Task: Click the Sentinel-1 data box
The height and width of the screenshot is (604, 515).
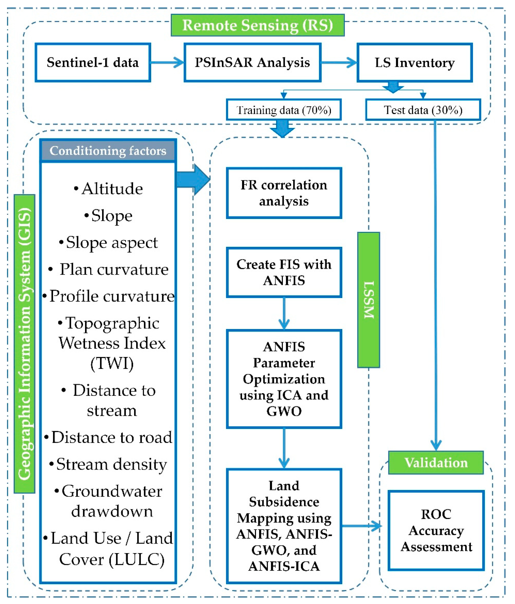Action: coord(93,62)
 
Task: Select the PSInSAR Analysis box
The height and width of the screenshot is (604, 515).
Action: coord(252,62)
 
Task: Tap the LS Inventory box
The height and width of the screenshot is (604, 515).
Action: coord(414,62)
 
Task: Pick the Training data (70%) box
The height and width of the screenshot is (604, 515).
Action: coord(284,110)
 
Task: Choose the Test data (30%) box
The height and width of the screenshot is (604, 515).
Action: coord(423,110)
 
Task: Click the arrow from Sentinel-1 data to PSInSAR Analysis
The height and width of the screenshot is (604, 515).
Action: coord(167,62)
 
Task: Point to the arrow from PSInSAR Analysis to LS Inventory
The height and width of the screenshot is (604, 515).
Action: coord(339,62)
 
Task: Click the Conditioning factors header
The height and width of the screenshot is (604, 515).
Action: coord(108,151)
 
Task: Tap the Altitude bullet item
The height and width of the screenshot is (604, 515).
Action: coord(108,189)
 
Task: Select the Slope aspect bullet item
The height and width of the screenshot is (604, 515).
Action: coord(108,242)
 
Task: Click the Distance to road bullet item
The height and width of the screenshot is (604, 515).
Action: coord(108,437)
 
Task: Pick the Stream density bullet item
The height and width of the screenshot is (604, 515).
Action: coord(108,464)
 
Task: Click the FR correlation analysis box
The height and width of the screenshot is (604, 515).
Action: coord(284,193)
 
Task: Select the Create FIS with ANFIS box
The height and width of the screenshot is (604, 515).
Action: coord(284,272)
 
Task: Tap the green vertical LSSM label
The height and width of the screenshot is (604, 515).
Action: coord(368,300)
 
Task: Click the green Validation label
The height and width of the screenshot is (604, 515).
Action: coord(436,463)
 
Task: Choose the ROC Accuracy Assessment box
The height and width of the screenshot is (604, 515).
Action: coord(436,530)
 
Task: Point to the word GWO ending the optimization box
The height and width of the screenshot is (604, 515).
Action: coord(284,411)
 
